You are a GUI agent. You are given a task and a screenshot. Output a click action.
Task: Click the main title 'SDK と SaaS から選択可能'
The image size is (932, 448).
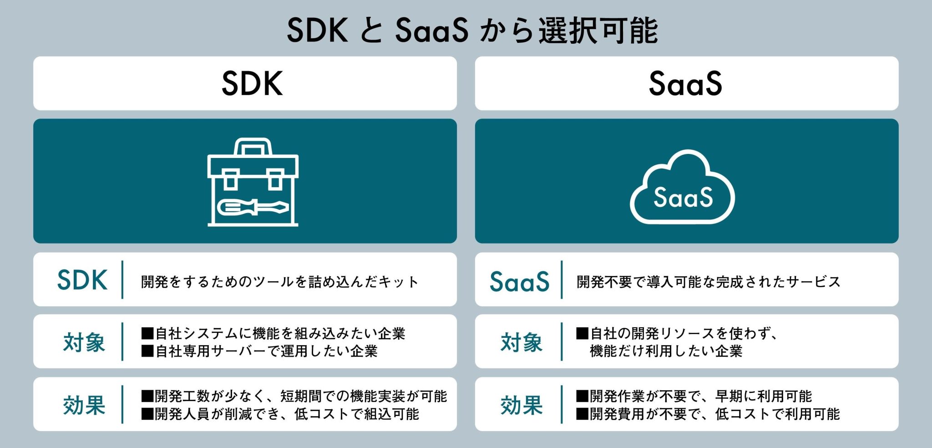[472, 31]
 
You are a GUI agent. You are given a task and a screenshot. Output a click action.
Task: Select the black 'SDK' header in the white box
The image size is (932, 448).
[252, 83]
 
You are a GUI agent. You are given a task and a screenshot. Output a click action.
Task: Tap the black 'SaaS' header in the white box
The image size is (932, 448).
[685, 83]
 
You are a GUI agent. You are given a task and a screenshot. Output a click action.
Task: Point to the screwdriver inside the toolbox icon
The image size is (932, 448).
[253, 207]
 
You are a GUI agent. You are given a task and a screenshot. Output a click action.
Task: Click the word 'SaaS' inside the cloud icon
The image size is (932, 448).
[683, 198]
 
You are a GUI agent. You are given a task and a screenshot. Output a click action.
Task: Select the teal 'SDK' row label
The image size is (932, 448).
[82, 280]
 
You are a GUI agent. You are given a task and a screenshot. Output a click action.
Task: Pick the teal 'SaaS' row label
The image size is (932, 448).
[519, 281]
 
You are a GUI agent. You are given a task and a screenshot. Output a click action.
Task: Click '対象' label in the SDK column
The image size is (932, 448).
[84, 342]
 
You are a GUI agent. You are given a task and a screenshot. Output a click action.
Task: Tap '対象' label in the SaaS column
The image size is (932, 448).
[522, 342]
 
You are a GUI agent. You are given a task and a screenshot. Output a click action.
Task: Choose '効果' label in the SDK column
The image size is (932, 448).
[84, 405]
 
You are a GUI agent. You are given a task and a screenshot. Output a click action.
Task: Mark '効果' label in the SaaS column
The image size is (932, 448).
[522, 405]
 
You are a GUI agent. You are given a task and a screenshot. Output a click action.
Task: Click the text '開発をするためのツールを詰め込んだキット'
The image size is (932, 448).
[279, 282]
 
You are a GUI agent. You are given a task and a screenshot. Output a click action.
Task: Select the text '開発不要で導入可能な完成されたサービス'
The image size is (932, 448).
[708, 282]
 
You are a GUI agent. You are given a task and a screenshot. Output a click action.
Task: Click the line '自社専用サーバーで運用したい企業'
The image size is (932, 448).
[267, 351]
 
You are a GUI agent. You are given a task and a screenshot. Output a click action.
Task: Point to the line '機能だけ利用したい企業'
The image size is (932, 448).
[666, 351]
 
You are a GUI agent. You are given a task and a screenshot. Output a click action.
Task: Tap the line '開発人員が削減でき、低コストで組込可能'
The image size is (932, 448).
[287, 414]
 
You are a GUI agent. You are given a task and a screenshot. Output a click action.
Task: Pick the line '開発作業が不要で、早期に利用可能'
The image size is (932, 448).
[701, 396]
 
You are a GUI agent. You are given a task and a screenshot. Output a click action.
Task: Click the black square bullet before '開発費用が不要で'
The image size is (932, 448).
[582, 414]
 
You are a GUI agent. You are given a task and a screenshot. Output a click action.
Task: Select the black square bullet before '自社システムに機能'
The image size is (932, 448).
[147, 334]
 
